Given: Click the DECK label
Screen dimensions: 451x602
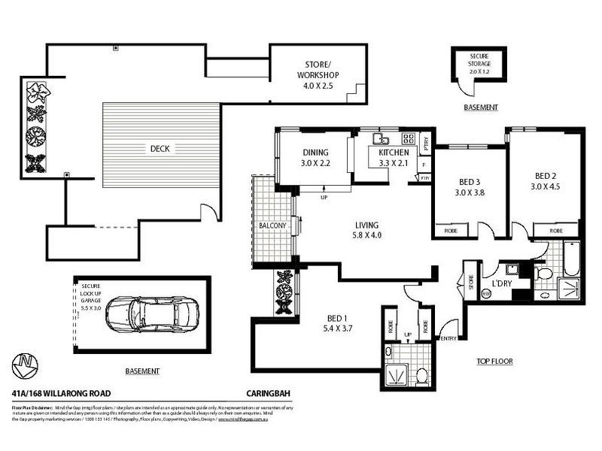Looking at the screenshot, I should pos(160,149).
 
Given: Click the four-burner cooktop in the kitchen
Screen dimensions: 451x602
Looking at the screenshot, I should pos(409,138).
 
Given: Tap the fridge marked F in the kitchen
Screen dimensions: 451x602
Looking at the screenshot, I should pos(424,163).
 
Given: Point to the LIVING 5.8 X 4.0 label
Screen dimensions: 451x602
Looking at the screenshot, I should pos(366,230).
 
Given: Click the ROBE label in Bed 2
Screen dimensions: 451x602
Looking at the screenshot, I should pos(557,231).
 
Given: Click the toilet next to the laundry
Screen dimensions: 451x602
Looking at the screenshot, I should pos(544,271).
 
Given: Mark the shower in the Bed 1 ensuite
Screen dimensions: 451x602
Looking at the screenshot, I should pos(396,373).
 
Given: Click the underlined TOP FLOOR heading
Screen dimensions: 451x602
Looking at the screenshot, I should pos(494,362).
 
